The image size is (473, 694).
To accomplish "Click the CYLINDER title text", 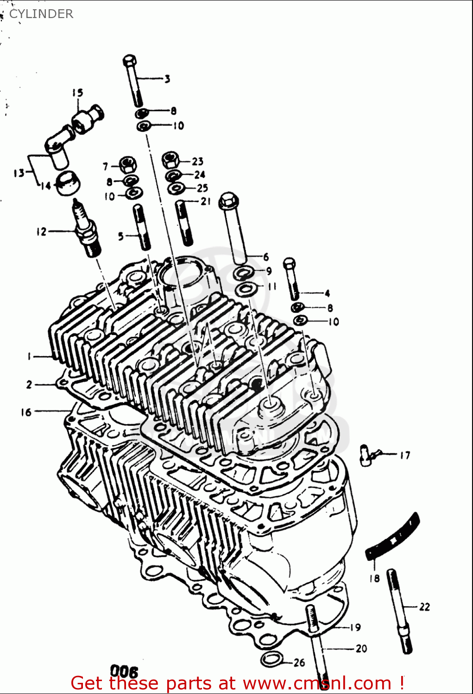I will pos(41,14).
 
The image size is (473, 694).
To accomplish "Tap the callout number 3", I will pos(167,79).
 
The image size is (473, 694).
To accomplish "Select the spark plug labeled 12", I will pos(88,229).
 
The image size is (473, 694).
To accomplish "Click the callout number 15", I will pos(77,93).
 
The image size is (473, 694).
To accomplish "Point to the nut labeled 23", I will pos(170,161).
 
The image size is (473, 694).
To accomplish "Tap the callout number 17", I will pos(405,455).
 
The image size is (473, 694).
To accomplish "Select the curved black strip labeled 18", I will pos(393,536).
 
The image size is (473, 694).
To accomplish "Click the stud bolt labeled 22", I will pos(400,611).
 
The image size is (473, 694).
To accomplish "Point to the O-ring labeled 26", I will pos(271,659).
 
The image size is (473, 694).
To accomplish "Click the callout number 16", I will pos(26,412).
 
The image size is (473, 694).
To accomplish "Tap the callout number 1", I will pos(29,356).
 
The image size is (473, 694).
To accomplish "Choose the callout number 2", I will pos(29,384).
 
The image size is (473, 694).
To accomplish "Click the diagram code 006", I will pos(124,671).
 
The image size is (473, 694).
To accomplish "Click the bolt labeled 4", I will pos(292,279).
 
